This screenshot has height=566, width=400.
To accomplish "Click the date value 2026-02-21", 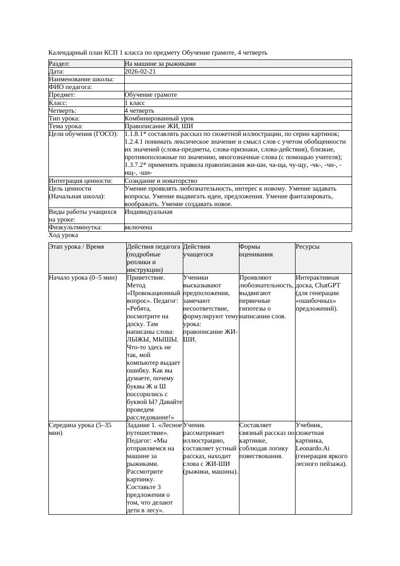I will point(140,72).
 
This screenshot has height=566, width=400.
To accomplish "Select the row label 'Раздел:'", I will point(59,64).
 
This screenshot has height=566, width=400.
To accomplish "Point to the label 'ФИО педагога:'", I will point(71,87).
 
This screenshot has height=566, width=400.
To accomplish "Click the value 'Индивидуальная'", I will point(148,212).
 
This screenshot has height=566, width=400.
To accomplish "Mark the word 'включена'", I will point(138,227).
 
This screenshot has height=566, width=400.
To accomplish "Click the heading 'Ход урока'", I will point(63,235).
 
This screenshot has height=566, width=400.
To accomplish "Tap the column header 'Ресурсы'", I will point(308,247).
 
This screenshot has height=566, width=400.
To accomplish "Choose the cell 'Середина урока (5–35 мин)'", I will point(80,429).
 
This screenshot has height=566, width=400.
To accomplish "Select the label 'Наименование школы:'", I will point(81,79).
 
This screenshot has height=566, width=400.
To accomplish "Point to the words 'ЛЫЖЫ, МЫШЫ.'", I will point(152,340).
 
